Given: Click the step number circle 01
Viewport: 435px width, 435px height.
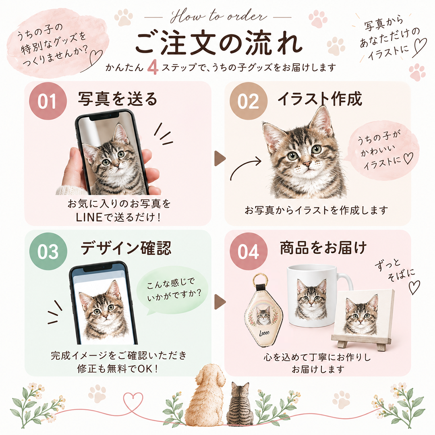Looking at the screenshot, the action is pyautogui.click(x=48, y=101).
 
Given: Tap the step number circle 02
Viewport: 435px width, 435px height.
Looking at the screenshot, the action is pyautogui.click(x=248, y=101).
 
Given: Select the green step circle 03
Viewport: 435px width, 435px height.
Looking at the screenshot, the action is pyautogui.click(x=48, y=251).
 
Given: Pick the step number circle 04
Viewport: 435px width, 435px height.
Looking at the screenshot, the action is pyautogui.click(x=248, y=251).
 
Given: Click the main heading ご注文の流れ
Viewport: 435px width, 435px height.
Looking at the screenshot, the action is pyautogui.click(x=219, y=43).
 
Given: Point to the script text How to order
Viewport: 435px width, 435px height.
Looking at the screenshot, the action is pyautogui.click(x=218, y=17).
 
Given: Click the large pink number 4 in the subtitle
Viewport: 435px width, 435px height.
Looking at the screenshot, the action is pyautogui.click(x=153, y=67).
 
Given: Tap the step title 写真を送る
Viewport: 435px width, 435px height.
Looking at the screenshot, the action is pyautogui.click(x=118, y=99).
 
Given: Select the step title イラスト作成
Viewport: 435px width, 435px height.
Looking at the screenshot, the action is pyautogui.click(x=320, y=99).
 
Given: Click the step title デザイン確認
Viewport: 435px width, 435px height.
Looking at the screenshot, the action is pyautogui.click(x=126, y=248).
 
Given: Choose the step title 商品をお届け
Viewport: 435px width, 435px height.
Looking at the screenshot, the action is pyautogui.click(x=323, y=247).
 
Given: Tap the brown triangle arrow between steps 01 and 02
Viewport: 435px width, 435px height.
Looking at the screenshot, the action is pyautogui.click(x=220, y=158).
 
